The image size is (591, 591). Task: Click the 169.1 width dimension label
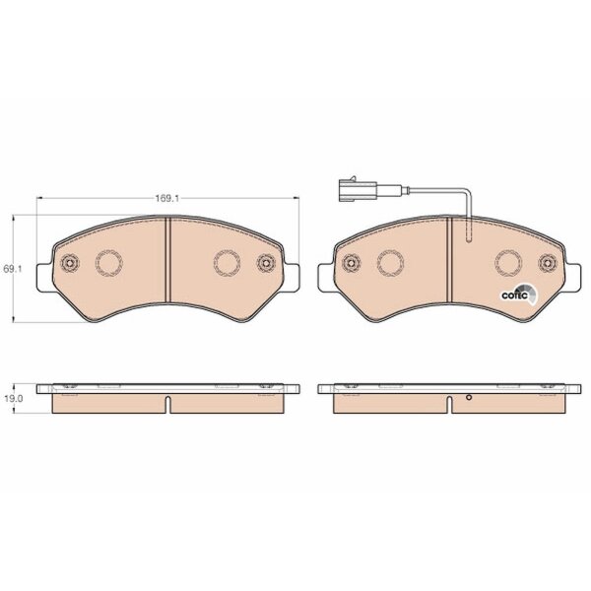167,198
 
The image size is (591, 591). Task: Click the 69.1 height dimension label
13,269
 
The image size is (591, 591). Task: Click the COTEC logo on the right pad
519,295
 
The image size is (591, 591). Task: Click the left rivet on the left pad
70,262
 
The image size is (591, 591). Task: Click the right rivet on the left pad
266,262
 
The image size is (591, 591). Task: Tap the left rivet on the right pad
352,262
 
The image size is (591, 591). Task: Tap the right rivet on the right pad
548,262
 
